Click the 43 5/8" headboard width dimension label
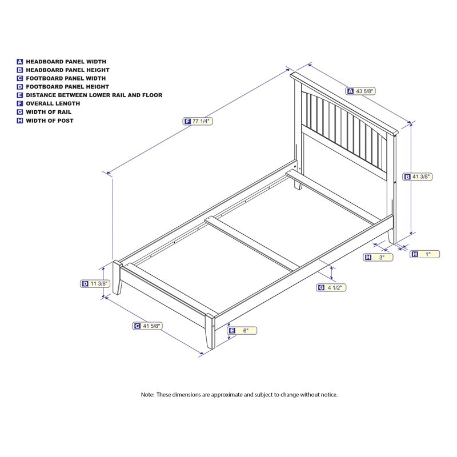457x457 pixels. pyautogui.click(x=360, y=91)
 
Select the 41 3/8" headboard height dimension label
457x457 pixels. pyautogui.click(x=417, y=177)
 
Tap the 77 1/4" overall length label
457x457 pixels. pyautogui.click(x=198, y=121)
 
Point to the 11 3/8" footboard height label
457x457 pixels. pyautogui.click(x=95, y=283)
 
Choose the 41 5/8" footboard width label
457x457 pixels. pyautogui.click(x=147, y=326)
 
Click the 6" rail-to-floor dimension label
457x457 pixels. pyautogui.click(x=242, y=331)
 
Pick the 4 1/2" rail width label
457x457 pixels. pyautogui.click(x=331, y=288)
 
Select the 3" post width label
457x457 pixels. pyautogui.click(x=378, y=258)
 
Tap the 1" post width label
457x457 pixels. pyautogui.click(x=424, y=254)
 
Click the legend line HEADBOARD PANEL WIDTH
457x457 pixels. pyautogui.click(x=62, y=62)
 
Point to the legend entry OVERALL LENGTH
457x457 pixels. pyautogui.click(x=49, y=103)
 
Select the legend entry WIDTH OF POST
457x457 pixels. pyautogui.click(x=45, y=121)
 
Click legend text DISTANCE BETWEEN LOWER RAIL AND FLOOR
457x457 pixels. pyautogui.click(x=90, y=95)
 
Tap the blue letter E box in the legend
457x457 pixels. pyautogui.click(x=20, y=95)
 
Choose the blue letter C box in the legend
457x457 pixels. pyautogui.click(x=20, y=78)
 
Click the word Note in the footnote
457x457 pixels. pyautogui.click(x=147, y=395)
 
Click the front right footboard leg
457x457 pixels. pyautogui.click(x=210, y=331)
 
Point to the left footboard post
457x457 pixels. pyautogui.click(x=117, y=278)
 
